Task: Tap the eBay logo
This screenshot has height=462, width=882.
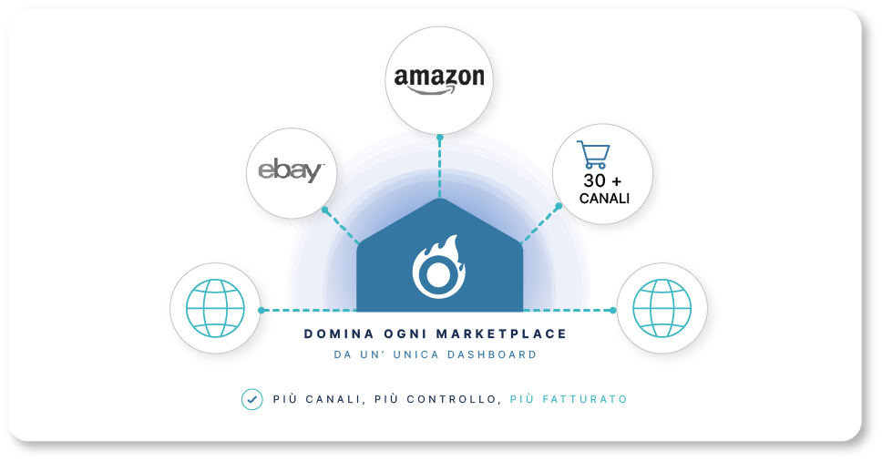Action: coord(292,170)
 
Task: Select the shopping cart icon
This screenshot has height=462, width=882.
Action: coord(593,155)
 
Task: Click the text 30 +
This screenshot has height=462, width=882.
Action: coord(602,180)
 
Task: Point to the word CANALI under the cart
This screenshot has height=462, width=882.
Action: coord(604,199)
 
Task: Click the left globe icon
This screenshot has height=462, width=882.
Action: coord(215,308)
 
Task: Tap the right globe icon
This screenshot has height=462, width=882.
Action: coord(662,308)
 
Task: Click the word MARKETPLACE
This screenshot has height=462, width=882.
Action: coord(502,334)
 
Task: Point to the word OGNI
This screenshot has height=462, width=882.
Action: coord(405,334)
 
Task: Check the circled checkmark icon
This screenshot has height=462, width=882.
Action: coord(252,399)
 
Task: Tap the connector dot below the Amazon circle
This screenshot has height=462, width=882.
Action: coord(440,138)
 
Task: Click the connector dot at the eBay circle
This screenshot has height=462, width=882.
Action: coord(325,210)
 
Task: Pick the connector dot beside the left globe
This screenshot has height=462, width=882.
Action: coord(261,310)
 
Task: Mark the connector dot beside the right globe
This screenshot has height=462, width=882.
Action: coord(613,310)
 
